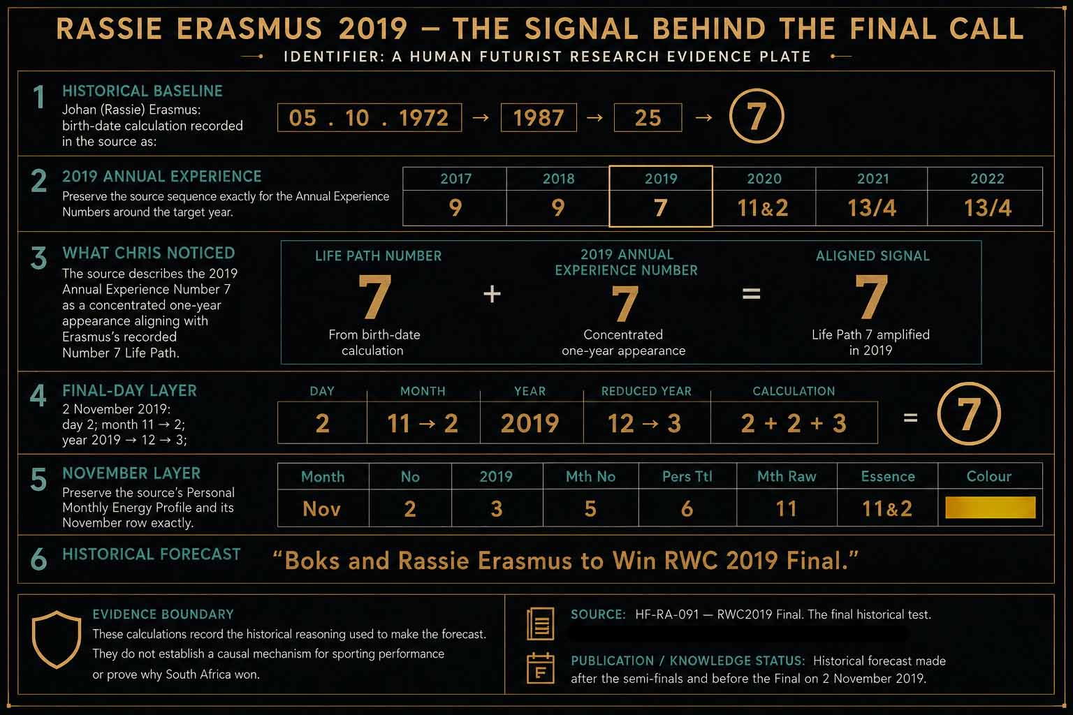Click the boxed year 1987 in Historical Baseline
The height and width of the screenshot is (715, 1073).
tap(539, 118)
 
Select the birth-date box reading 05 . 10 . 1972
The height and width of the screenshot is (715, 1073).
tap(370, 118)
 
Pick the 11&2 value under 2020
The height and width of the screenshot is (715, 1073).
tap(763, 208)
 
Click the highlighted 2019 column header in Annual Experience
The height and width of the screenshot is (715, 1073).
tap(661, 179)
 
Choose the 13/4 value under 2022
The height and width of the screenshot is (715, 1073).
tap(987, 208)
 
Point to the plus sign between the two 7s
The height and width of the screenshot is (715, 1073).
tap(492, 293)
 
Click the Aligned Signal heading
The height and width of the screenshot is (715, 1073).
tap(873, 256)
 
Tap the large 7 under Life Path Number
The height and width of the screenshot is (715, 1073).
tap(374, 296)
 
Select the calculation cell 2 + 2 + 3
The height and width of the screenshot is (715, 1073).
tap(794, 423)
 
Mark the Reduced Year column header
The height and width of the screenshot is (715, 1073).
tap(646, 391)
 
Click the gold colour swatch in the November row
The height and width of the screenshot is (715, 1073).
tap(990, 508)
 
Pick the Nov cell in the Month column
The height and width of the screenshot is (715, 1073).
tap(321, 508)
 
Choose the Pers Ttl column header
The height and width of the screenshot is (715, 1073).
tap(687, 476)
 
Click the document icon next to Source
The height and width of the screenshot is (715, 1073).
tap(540, 624)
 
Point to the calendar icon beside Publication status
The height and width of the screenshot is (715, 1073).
tap(540, 668)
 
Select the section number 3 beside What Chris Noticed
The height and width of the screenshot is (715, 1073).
tap(38, 258)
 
